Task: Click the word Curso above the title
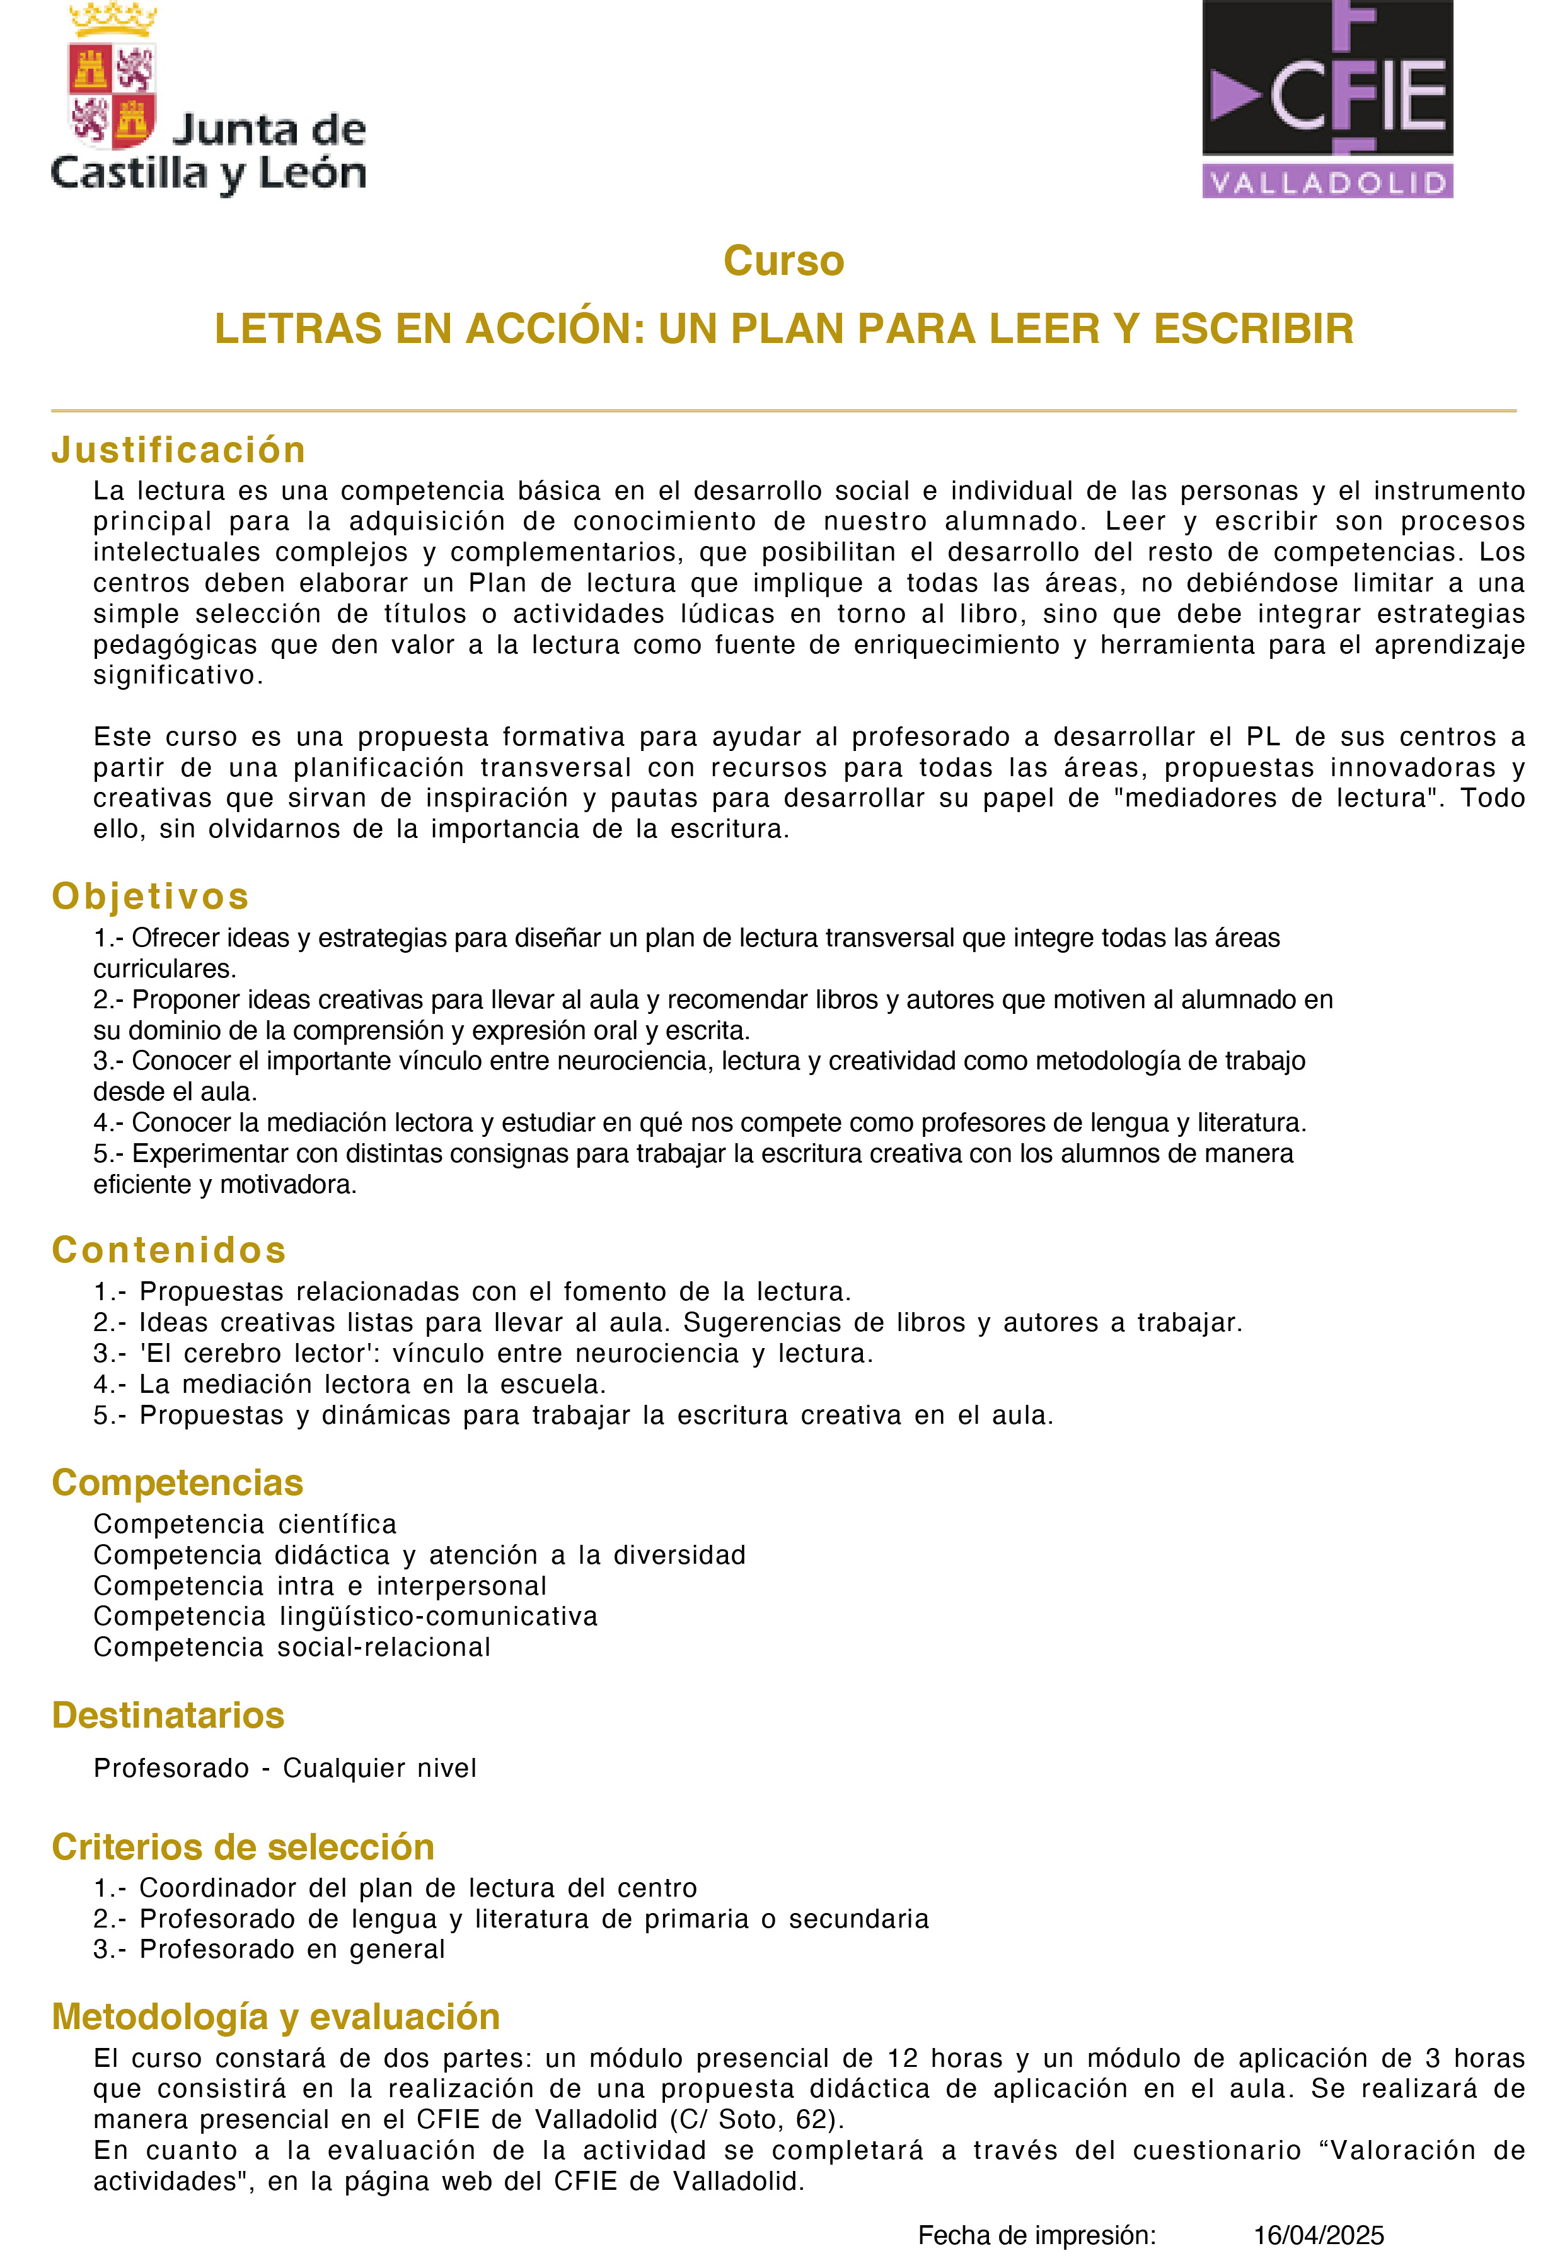coord(783,261)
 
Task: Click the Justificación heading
coord(179,450)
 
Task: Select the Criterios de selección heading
coord(243,1847)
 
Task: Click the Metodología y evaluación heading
coord(275,2016)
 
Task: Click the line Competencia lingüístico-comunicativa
coord(345,1616)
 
